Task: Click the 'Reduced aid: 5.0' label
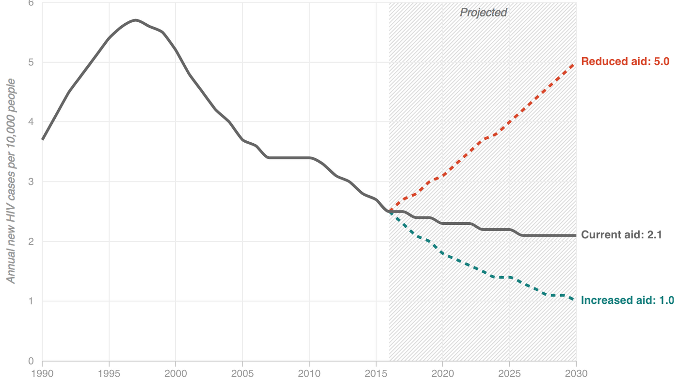(x=625, y=62)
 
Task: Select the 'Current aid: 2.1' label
(x=621, y=235)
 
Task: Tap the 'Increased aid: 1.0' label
(x=627, y=300)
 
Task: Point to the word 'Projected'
(x=483, y=13)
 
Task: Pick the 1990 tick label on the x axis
(x=43, y=373)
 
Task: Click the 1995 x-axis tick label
(x=109, y=373)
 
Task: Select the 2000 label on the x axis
(x=176, y=373)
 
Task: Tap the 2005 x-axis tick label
(x=242, y=373)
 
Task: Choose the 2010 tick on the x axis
(x=309, y=373)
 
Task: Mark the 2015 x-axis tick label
(x=376, y=373)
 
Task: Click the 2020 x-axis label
(x=442, y=373)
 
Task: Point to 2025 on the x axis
(x=509, y=373)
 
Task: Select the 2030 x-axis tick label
(x=576, y=373)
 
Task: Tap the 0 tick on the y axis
(x=31, y=361)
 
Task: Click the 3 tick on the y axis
(x=31, y=182)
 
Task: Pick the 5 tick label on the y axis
(x=31, y=62)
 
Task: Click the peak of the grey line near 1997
(x=135, y=20)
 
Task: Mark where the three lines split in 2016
(x=389, y=211)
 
